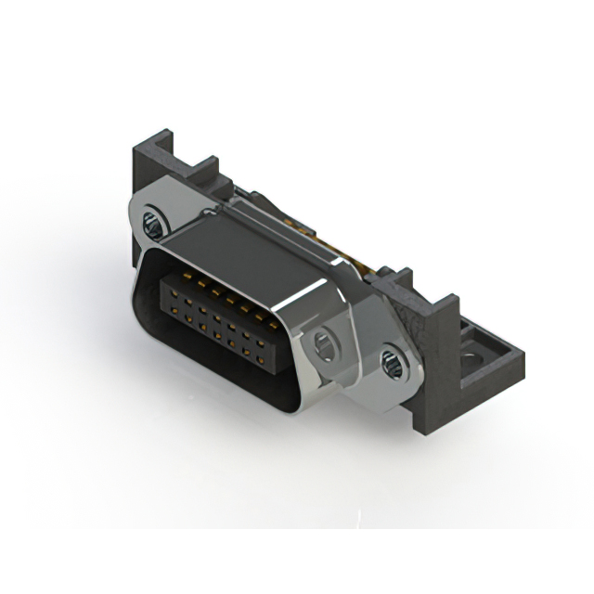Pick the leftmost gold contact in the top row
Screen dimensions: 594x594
tap(170, 279)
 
